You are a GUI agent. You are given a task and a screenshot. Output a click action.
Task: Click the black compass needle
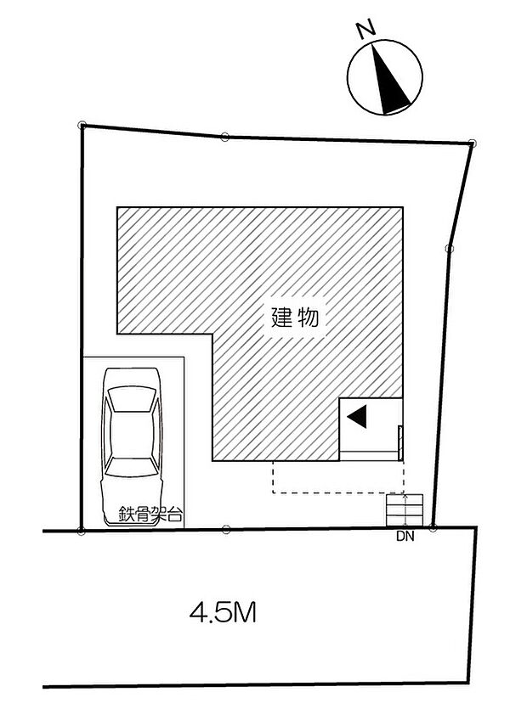point(388,82)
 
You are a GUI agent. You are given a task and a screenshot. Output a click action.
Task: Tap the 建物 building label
point(295,318)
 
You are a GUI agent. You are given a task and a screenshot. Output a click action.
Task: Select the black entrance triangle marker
point(357,416)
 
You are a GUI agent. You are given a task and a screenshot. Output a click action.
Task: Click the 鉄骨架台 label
point(150,515)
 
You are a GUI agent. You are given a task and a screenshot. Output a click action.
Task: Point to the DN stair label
point(405,537)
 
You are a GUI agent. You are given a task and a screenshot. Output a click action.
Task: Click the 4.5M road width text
point(223,614)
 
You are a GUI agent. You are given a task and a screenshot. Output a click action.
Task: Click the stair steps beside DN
point(405,510)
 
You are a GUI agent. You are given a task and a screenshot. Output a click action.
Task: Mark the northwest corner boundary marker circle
point(82,126)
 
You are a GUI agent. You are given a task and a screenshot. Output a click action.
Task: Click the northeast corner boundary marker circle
point(473,143)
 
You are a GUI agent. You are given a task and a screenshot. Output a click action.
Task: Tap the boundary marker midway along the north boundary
point(225,137)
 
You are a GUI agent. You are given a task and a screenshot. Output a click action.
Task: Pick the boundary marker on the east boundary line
point(449,248)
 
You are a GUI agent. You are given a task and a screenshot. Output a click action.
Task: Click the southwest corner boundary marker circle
point(81,531)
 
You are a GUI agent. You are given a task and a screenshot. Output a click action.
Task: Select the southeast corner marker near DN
point(433,527)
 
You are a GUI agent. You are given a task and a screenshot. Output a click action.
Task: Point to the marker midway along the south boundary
point(226,529)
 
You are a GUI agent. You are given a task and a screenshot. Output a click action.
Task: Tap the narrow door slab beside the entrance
point(400,442)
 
